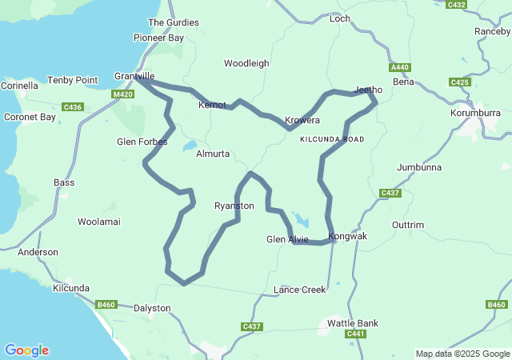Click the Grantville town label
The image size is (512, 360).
pos(134,76)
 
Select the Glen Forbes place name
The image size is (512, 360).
pos(142,142)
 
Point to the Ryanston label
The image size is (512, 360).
pos(234,206)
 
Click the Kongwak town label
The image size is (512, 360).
pos(348,237)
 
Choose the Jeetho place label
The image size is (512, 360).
pos(369,90)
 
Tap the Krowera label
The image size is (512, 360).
pos(303,121)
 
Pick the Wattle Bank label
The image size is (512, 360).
pos(353,323)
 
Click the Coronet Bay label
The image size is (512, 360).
pos(30,117)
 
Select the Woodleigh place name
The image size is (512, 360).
pos(246,63)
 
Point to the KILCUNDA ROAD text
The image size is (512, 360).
pos(332,139)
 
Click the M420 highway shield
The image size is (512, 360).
pos(122,94)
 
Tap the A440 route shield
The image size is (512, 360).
pos(400,68)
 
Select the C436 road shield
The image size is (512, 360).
pos(73,106)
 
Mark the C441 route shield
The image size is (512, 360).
pos(356,334)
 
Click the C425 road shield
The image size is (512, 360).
pos(460,82)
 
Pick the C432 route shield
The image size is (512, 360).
pos(457,5)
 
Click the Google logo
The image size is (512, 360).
pos(26,350)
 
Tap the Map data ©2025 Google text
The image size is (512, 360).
pos(462,354)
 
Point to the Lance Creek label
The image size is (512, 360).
pos(300,290)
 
